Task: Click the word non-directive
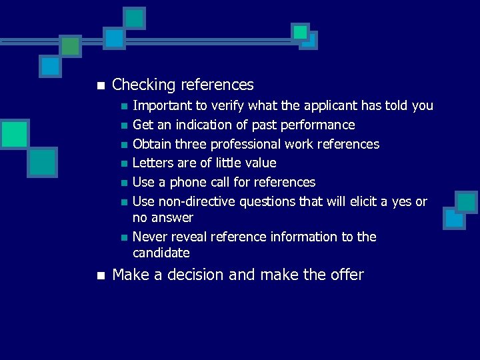tap(192, 202)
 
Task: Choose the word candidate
tap(161, 253)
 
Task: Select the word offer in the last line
tap(346, 275)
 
